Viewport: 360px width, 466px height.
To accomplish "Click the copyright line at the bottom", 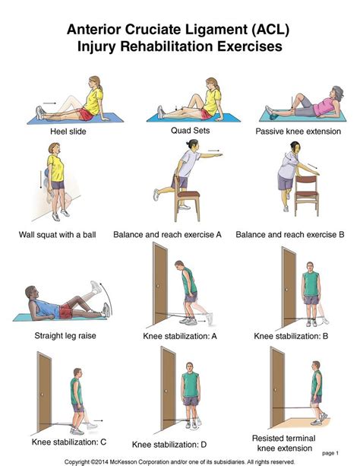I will coord(179,461).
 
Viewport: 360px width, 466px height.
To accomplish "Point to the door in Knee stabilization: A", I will coord(160,281).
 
